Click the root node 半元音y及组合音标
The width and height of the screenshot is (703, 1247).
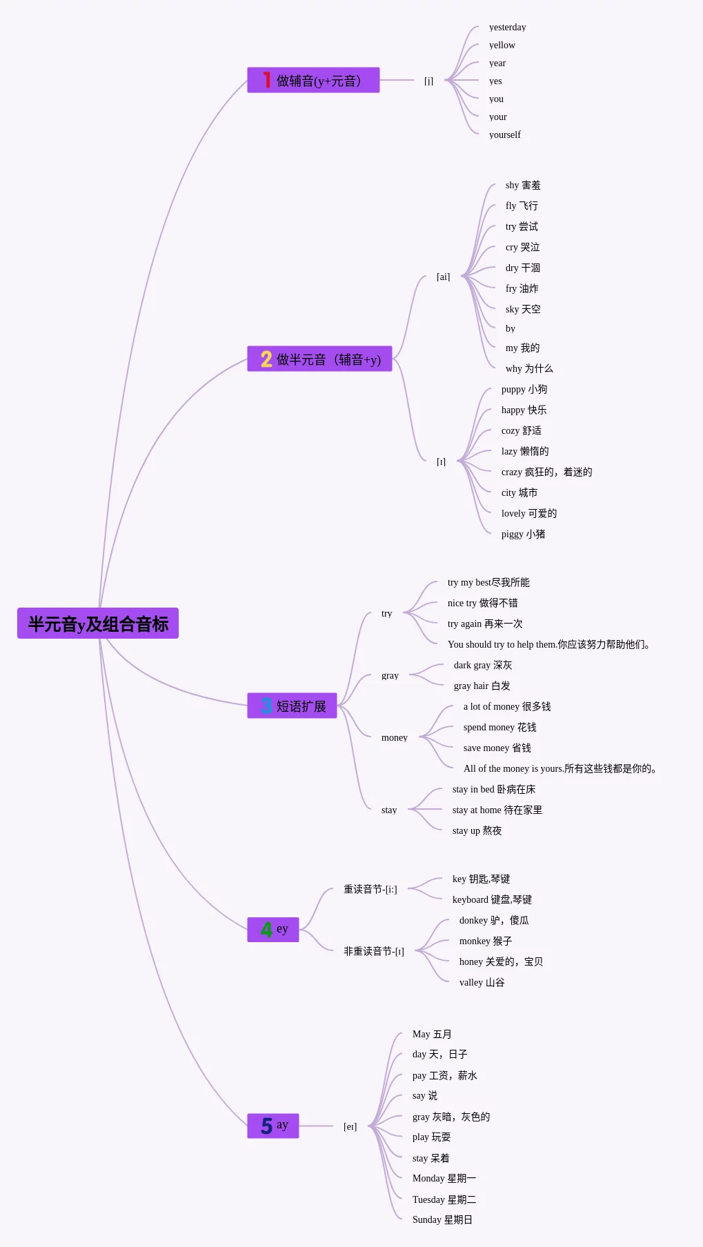coord(98,623)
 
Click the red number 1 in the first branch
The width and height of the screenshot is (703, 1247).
coord(266,80)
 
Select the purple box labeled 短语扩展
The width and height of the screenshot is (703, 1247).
coord(293,706)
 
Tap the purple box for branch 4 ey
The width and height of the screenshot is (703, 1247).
coord(273,929)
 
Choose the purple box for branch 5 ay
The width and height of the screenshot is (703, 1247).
coord(273,1125)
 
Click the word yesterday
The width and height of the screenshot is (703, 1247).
coord(507,28)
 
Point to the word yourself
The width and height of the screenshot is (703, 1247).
coord(504,135)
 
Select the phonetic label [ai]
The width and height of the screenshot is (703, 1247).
coord(443,277)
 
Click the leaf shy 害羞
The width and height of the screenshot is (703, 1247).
coord(522,186)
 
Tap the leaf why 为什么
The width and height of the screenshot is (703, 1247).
coord(528,369)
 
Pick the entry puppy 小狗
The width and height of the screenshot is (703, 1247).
coord(524,390)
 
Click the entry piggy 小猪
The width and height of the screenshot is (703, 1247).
coord(523,535)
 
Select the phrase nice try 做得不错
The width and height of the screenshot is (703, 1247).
coord(482,603)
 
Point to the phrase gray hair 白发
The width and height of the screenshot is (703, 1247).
coord(482,686)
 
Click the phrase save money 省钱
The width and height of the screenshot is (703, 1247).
coord(497,748)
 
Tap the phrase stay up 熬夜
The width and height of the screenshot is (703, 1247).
coord(477,831)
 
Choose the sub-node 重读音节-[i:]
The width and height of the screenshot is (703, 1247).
coord(370,890)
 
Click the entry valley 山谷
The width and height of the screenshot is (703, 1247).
coord(482,983)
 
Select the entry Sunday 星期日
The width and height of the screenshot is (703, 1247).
coord(442,1220)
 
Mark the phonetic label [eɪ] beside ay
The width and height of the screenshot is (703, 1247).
coord(350,1127)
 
